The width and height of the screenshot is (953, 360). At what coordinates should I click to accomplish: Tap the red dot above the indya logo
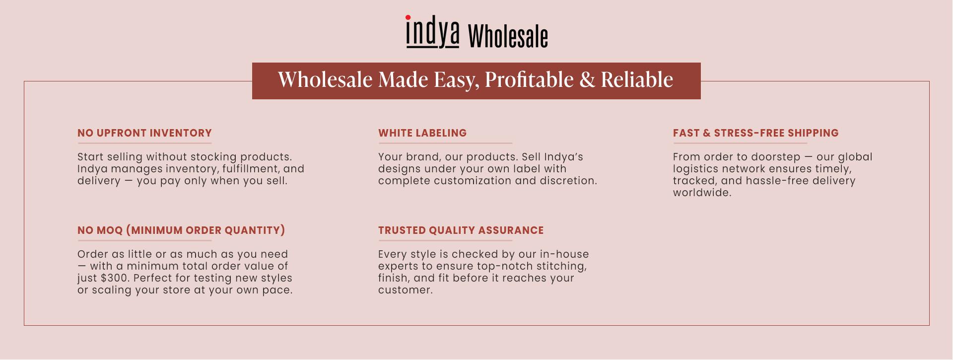[x=408, y=17]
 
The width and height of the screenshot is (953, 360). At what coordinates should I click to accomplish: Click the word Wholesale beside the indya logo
[x=508, y=36]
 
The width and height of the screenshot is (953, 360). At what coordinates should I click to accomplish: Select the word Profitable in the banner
[x=529, y=79]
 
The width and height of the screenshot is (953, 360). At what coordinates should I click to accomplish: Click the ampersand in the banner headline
[x=587, y=79]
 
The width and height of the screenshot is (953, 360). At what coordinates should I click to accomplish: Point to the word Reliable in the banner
[x=637, y=79]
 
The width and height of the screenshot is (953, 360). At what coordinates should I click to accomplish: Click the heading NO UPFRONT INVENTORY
[x=144, y=133]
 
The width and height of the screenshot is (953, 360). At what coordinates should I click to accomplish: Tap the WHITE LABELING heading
[x=422, y=133]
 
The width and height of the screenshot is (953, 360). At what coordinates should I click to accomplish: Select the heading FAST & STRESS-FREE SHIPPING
[x=756, y=133]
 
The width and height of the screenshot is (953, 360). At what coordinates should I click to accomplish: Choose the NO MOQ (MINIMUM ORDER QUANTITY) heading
[x=181, y=230]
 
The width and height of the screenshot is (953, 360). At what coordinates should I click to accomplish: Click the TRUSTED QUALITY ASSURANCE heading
[x=461, y=230]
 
